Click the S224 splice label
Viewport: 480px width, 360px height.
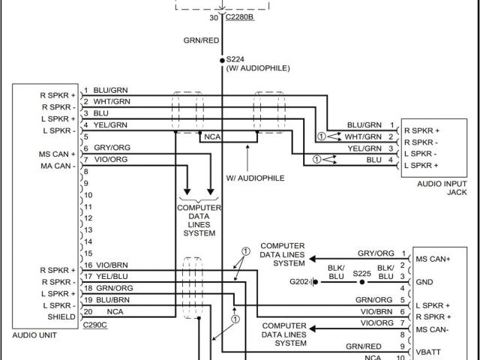pos(235,59)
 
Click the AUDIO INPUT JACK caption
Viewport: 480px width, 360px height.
pos(436,187)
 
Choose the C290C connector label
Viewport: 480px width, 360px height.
pos(95,325)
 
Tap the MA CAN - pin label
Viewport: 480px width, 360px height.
pos(58,165)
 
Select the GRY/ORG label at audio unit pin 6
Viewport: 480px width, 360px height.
pos(111,148)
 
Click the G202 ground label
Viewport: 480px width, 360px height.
pos(301,283)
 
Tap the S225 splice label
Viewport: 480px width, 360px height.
pos(361,274)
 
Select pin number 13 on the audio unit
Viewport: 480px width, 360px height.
pos(88,229)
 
